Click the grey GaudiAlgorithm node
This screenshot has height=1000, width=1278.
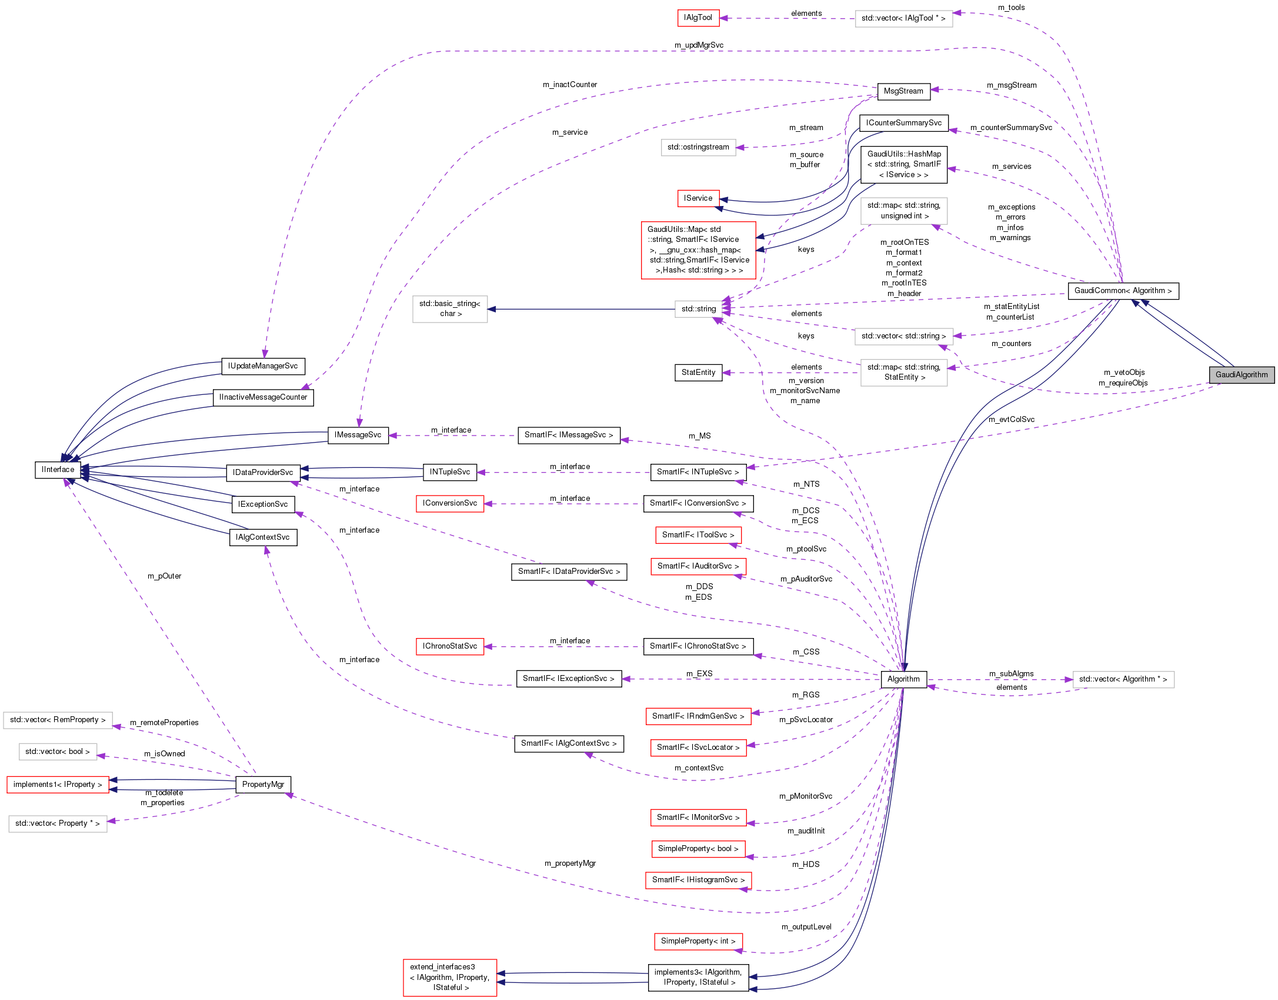point(1241,374)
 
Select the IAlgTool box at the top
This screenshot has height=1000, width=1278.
point(698,18)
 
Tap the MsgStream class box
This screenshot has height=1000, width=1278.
point(903,91)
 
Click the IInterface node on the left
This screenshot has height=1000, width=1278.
point(58,470)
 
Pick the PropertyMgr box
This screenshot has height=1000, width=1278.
point(263,785)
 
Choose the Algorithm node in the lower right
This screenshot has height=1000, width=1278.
point(903,679)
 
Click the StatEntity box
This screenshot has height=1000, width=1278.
point(698,373)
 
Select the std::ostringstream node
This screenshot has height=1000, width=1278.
point(698,147)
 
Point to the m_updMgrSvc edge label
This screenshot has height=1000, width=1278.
point(699,45)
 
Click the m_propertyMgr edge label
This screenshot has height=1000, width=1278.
point(570,863)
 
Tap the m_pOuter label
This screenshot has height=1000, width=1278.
point(164,576)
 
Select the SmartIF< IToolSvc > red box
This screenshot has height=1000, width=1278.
point(698,535)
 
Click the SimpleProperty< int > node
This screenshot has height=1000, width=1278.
point(698,941)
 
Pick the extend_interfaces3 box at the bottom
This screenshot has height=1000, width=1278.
point(449,978)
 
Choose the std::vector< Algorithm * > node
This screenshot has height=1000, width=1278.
point(1123,679)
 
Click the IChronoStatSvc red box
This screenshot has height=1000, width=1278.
point(449,646)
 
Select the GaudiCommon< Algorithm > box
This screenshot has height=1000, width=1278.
point(1123,291)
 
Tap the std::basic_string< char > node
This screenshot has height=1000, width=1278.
point(449,309)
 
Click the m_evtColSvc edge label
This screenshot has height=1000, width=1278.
point(1011,420)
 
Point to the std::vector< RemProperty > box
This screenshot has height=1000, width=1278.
point(58,720)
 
